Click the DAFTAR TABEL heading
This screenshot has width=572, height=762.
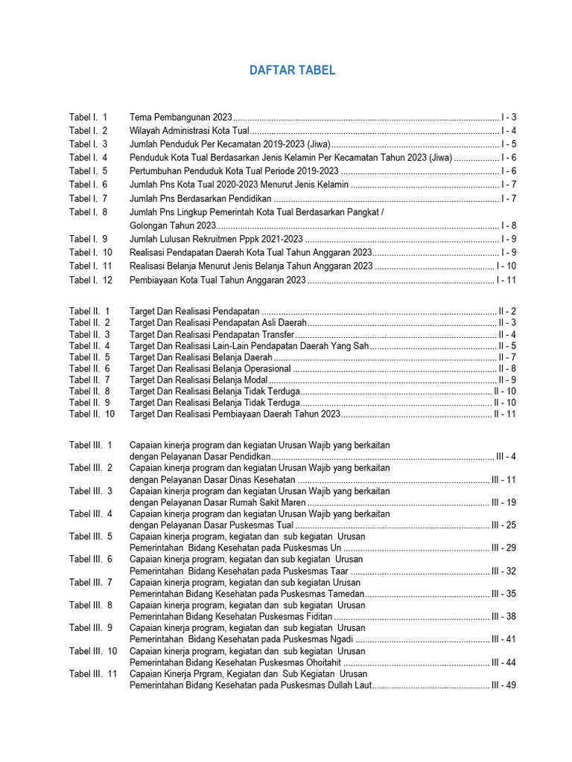coord(292,71)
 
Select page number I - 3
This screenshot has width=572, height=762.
coord(509,118)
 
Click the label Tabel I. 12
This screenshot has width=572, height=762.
coord(90,280)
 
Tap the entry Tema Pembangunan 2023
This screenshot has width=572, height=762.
coord(181,118)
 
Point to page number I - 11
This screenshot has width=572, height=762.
coord(506,280)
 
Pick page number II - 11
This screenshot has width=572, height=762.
coord(505,414)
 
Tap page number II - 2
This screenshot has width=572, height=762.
coord(507,310)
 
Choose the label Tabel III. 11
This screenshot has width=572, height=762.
coord(93,673)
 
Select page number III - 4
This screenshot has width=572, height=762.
coord(506,456)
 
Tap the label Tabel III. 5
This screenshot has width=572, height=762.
coord(91,536)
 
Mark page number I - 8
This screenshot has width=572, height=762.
coord(509,225)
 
